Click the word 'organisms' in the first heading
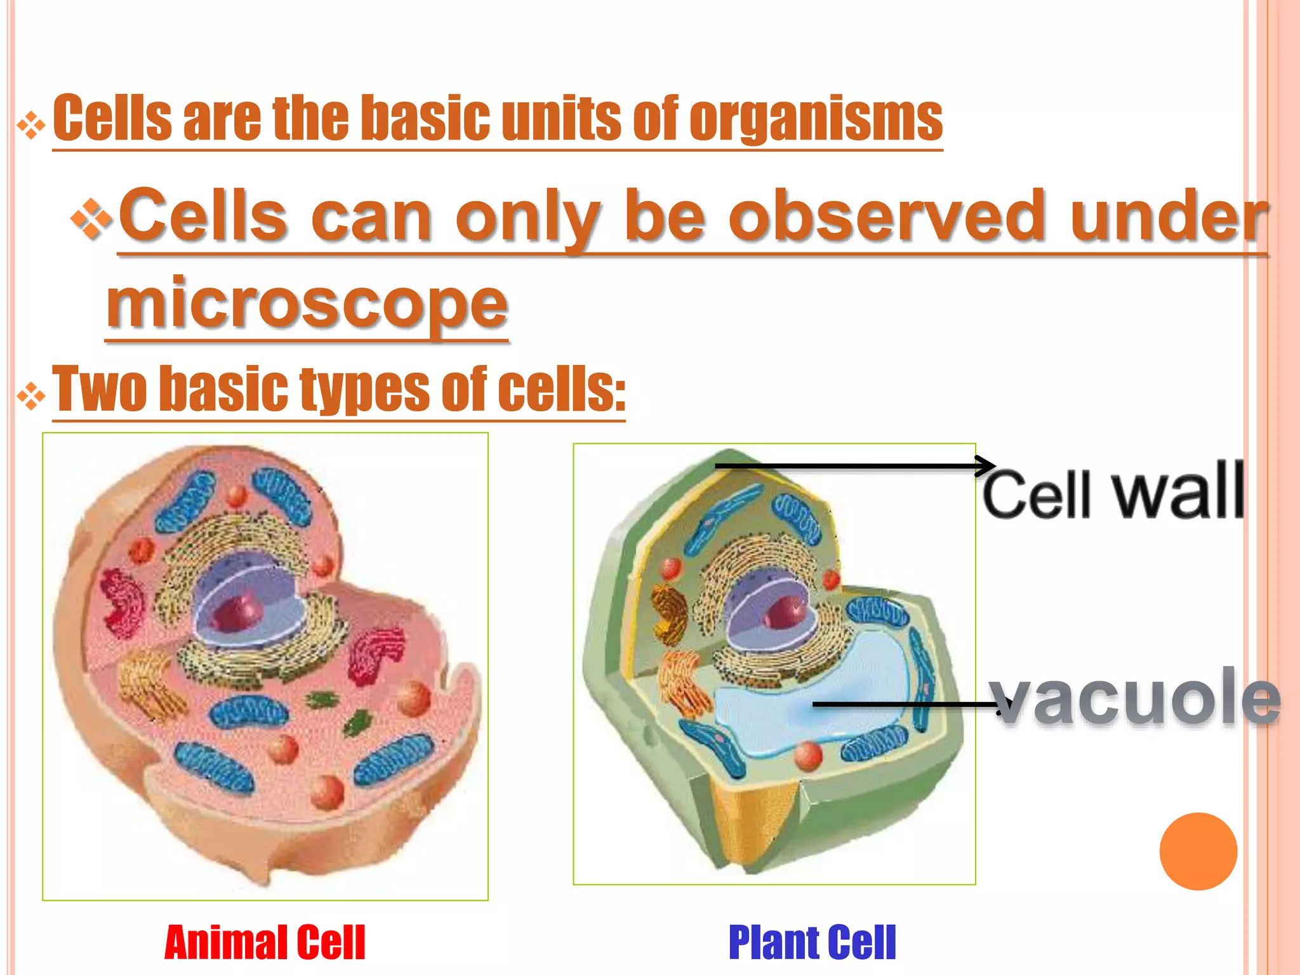(x=816, y=119)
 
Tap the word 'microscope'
(x=307, y=303)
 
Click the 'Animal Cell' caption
(x=265, y=943)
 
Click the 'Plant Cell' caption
(x=812, y=943)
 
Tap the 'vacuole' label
(x=1136, y=698)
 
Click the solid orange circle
(x=1198, y=851)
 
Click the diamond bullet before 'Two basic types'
(x=31, y=397)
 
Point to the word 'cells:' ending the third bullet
(x=561, y=388)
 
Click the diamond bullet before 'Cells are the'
(x=31, y=126)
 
